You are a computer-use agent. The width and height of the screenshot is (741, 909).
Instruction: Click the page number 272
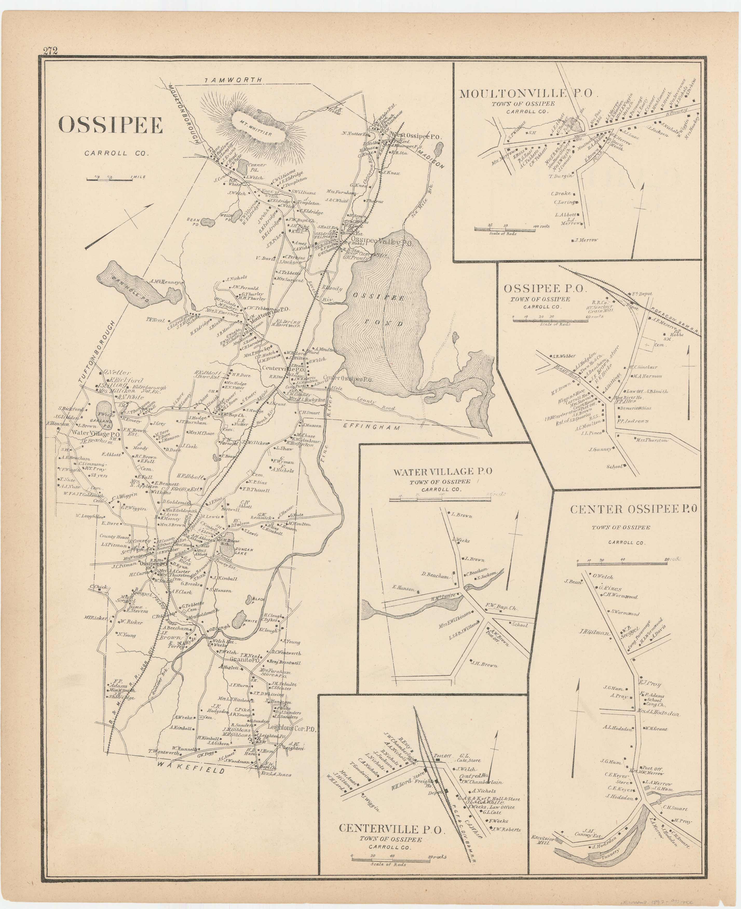50,51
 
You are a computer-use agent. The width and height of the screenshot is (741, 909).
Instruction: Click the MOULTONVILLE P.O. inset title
526,93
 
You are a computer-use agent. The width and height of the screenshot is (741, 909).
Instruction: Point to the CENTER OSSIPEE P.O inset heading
634,509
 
